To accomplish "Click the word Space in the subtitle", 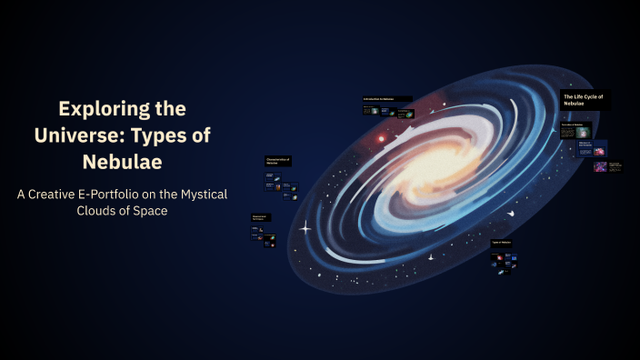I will pos(152,212).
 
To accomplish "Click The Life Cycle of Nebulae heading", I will pos(585,100).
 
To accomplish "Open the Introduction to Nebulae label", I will pos(385,99).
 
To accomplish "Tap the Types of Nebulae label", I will pos(503,243).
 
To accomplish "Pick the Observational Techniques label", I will pos(261,217).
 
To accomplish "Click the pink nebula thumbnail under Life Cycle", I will pos(600,167).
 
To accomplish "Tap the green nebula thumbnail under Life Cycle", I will pos(584,133).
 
